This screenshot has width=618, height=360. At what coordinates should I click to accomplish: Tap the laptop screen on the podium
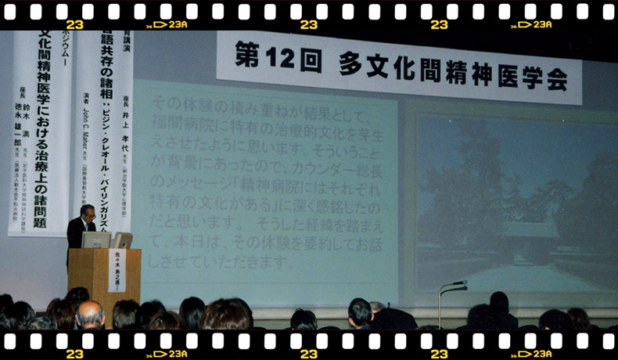tap(98, 240)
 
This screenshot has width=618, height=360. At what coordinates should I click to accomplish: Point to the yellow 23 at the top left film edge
tap(74, 25)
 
